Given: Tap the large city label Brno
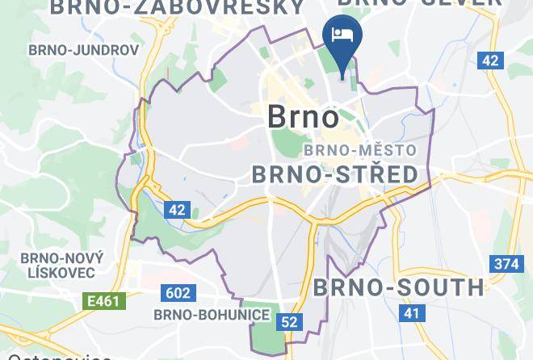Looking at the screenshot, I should pos(303,118).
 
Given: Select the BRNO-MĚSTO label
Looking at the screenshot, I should pos(359,150).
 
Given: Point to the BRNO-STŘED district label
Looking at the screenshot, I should pos(335,174).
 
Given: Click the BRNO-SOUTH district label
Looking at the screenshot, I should pos(398,287).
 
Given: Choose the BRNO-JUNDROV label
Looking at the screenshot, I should pos(84,49).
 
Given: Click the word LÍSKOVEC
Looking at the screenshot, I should pos(61,274).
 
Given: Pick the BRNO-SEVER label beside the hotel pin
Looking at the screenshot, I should pos(420,4).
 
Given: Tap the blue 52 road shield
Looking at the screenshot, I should pos(289,322).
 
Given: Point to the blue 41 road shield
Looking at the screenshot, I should pos(413,312).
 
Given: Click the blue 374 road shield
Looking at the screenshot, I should pos(505,264).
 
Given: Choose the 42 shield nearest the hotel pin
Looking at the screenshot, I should pos(489,60).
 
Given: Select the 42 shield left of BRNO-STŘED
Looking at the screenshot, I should pos(178,210).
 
